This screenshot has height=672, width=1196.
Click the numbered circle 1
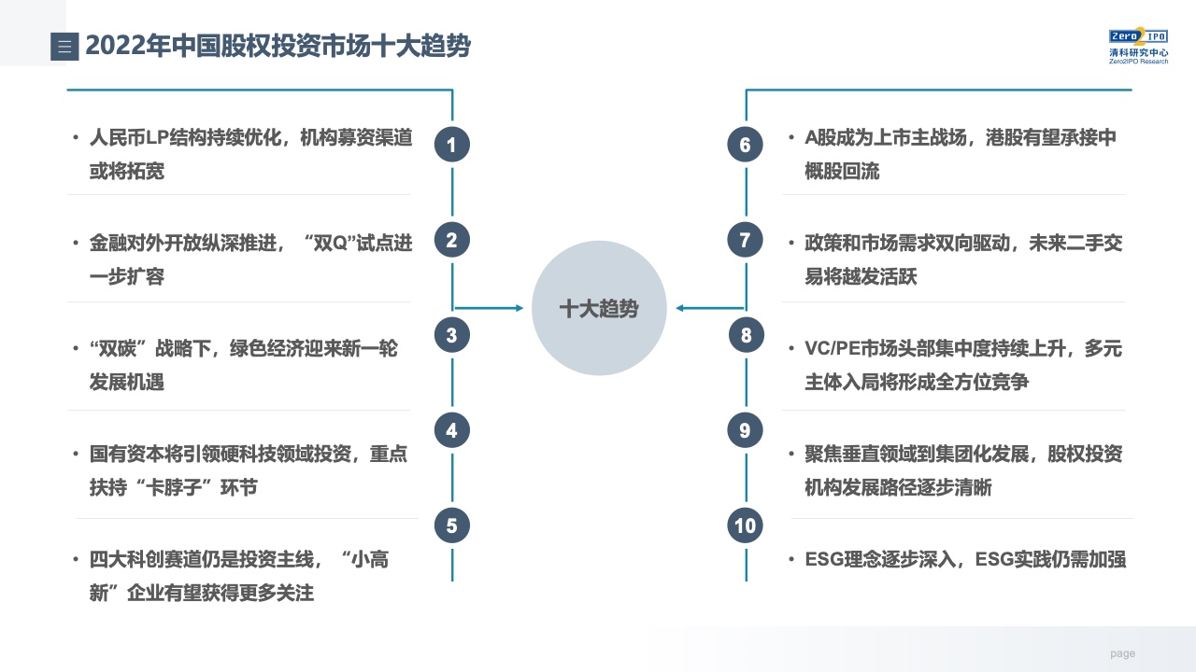tap(451, 145)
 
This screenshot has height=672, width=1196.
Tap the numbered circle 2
tap(451, 240)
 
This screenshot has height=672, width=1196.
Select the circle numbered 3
tap(451, 335)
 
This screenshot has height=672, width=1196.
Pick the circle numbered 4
tap(451, 430)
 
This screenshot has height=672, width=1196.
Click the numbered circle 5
tap(451, 525)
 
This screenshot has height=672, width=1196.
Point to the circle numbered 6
tap(745, 145)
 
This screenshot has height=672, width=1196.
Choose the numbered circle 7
tap(745, 240)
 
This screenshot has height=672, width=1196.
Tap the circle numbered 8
tap(746, 335)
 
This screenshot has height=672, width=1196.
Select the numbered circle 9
tap(745, 430)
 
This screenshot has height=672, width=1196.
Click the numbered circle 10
tap(745, 525)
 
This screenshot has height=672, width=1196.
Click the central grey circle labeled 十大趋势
tap(599, 308)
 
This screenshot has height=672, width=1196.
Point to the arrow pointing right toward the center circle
tap(488, 308)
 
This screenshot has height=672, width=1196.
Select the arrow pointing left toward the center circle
tap(710, 308)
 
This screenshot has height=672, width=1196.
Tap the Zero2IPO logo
tap(1138, 46)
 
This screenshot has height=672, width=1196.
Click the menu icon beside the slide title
tap(64, 47)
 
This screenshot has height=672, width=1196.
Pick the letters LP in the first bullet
tap(158, 137)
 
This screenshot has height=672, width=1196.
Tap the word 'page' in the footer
tap(1123, 653)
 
